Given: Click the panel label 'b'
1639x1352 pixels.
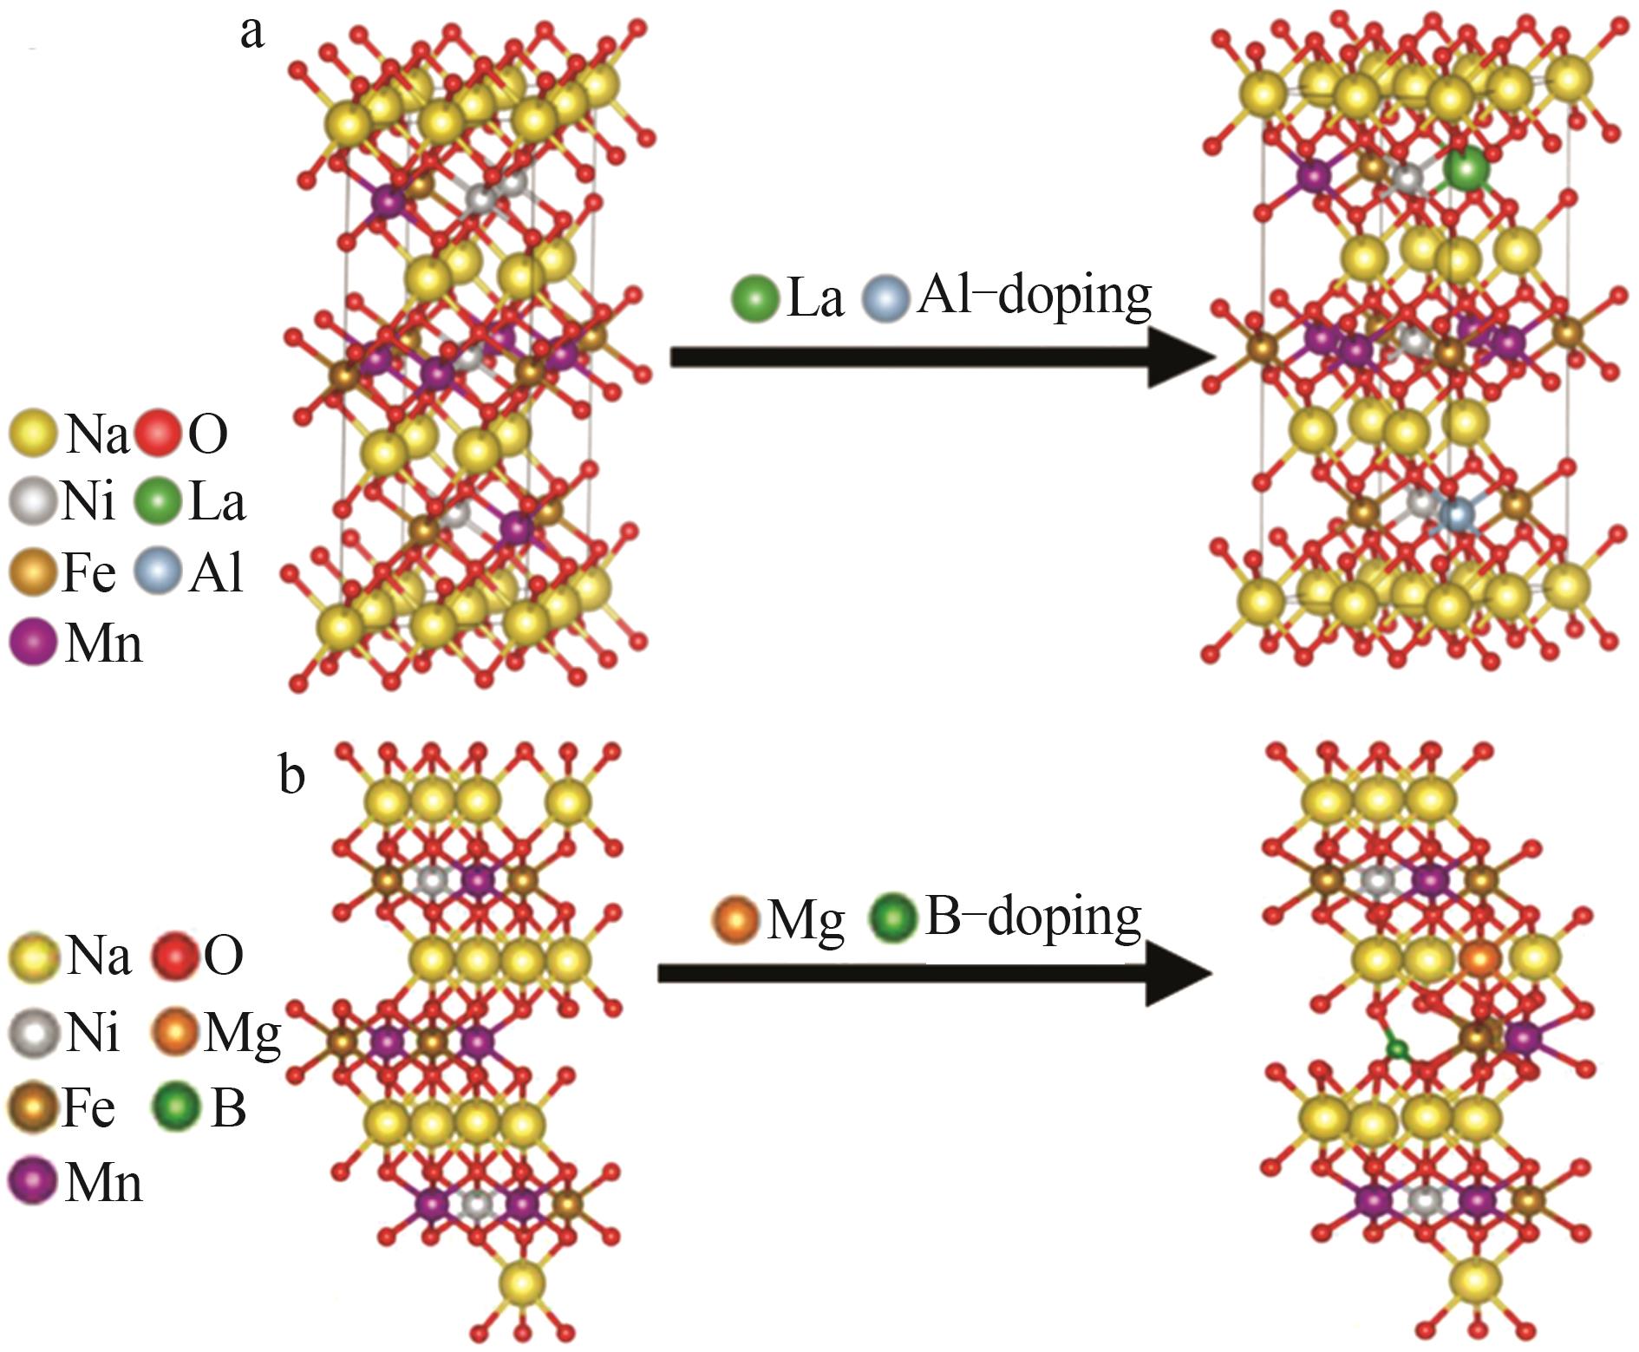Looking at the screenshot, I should click(x=292, y=774).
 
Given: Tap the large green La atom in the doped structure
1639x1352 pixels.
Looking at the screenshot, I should click(x=1466, y=169).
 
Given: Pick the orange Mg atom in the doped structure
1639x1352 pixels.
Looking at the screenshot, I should click(x=1480, y=960).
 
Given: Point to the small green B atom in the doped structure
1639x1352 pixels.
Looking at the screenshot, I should click(x=1397, y=1050).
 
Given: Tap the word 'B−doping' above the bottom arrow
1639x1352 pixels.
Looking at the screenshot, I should click(x=1033, y=918).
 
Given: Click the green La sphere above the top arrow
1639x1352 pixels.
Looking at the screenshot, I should click(x=754, y=298).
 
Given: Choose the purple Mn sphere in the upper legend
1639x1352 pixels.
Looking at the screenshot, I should click(x=33, y=643).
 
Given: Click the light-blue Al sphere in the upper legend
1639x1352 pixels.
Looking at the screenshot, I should click(x=159, y=572).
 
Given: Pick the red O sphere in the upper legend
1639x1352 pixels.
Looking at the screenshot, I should click(x=159, y=433).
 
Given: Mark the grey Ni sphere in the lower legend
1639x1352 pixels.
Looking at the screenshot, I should click(x=33, y=1031).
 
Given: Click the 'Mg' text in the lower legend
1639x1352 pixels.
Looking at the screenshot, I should click(x=242, y=1033).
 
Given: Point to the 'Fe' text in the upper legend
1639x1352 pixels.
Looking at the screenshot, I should click(x=88, y=572).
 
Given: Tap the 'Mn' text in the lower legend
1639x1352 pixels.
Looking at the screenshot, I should click(x=103, y=1182).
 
